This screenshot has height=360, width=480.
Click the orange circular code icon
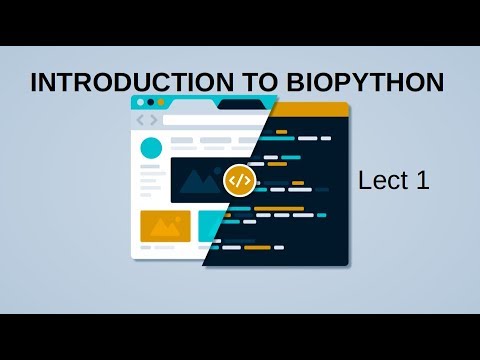coord(238,180)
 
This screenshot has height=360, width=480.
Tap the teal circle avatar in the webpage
coord(151,148)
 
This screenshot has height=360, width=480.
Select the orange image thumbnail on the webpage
coord(165,226)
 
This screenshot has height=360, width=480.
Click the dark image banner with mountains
coord(200,180)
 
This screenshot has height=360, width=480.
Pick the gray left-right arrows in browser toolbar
coord(146,121)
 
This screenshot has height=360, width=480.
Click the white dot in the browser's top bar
coord(140,102)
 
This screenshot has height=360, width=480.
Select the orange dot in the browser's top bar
coord(161,102)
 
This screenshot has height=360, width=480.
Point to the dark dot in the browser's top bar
coord(151,102)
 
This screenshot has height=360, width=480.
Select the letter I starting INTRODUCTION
coord(35,83)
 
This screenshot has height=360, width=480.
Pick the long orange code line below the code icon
coord(280,209)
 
